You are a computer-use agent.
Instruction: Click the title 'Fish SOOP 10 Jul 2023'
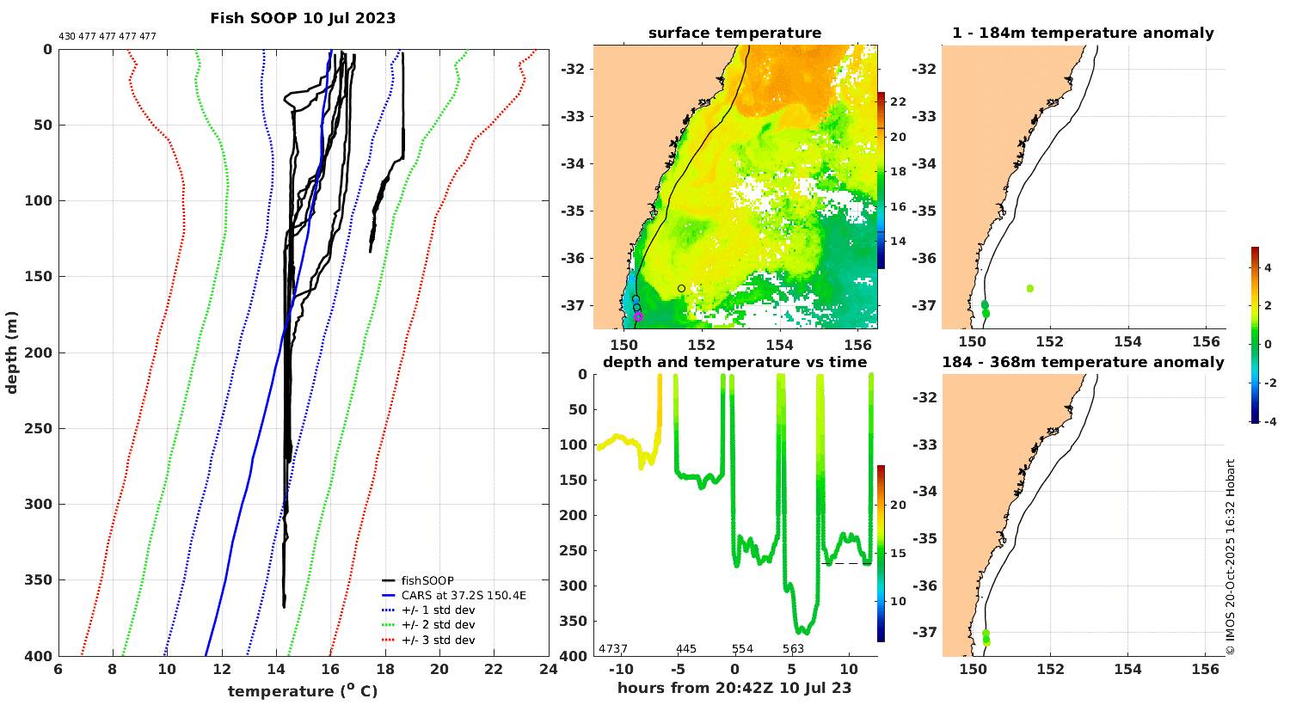coord(303,18)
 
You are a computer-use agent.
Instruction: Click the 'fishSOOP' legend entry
coord(427,581)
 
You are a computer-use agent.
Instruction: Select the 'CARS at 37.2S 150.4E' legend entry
coord(464,596)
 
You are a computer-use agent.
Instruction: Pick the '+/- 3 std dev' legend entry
coord(438,641)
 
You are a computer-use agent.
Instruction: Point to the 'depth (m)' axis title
coord(12,352)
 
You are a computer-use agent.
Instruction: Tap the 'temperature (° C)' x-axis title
coord(303,691)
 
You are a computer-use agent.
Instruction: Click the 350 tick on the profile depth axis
coord(39,580)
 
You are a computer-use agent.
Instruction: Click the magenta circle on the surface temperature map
coord(638,316)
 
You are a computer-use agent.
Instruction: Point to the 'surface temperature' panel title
coord(734,34)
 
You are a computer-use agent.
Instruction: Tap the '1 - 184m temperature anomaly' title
coord(1083,34)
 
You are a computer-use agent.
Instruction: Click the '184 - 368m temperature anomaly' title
coord(1083,363)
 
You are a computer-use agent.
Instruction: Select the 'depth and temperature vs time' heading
coord(734,363)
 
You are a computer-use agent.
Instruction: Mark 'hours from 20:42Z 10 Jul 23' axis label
coord(734,688)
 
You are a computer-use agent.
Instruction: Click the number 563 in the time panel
coord(793,649)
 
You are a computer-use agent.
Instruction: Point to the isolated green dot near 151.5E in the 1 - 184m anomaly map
coord(1029,289)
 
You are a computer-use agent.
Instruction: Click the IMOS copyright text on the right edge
coord(1231,556)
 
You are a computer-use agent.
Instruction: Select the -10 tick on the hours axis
coord(620,670)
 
